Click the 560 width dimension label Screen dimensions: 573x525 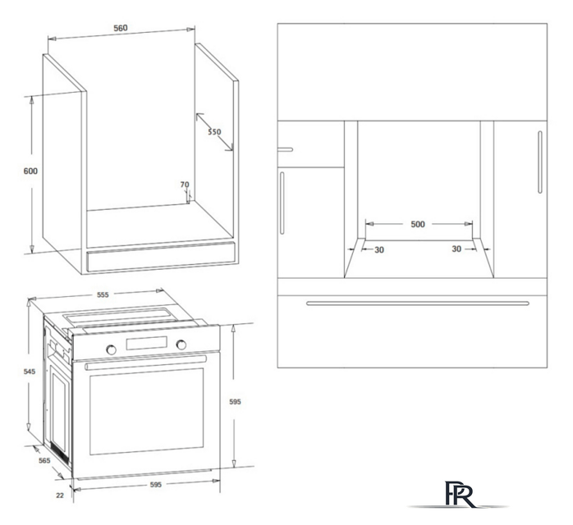(x=120, y=28)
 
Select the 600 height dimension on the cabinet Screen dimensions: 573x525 (x=30, y=171)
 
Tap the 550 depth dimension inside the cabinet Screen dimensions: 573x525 (x=214, y=132)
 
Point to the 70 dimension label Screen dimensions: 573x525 (x=185, y=185)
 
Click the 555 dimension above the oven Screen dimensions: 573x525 (x=103, y=294)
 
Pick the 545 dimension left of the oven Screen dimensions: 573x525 (x=30, y=372)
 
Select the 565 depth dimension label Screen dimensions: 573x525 (x=44, y=460)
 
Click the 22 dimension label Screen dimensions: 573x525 (x=60, y=495)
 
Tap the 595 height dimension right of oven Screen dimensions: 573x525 (x=235, y=402)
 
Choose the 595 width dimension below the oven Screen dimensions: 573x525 (x=156, y=485)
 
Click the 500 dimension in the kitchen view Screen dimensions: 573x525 (x=418, y=224)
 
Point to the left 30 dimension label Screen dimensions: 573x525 (x=379, y=250)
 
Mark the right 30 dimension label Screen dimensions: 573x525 (x=456, y=249)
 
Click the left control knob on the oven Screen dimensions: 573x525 (x=111, y=349)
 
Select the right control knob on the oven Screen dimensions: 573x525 (x=181, y=345)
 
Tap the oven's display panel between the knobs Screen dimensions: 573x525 (x=147, y=343)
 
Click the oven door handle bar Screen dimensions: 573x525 (x=146, y=363)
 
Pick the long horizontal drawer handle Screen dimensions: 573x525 (x=418, y=303)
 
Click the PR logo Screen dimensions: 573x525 (x=460, y=495)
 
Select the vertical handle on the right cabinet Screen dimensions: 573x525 (x=540, y=162)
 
